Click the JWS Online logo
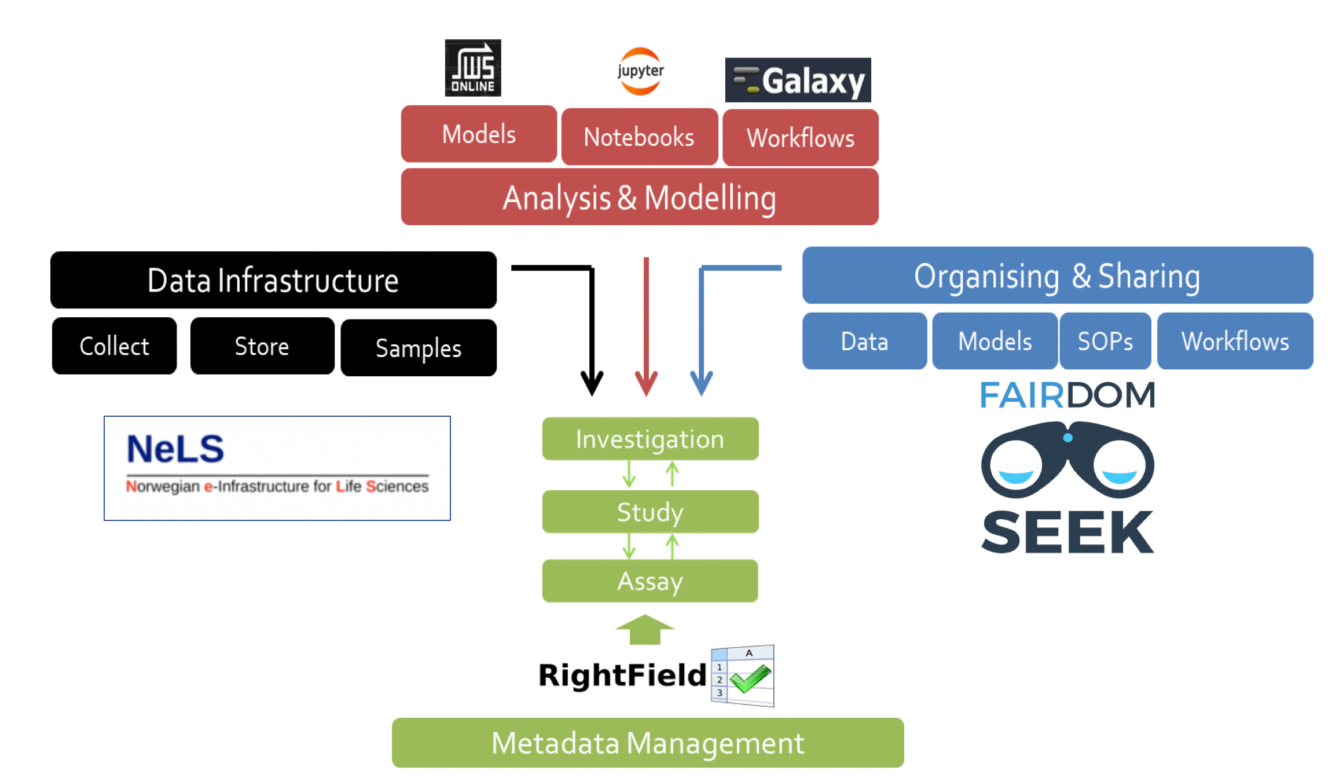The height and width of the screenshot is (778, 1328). [x=472, y=68]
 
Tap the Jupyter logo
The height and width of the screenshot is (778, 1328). [x=640, y=71]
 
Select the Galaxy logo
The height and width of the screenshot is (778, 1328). [x=798, y=80]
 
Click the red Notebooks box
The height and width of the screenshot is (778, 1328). [x=639, y=137]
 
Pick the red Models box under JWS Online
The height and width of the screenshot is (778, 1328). [x=479, y=134]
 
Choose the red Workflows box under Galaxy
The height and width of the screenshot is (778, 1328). [x=800, y=138]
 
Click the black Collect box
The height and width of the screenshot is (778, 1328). [x=114, y=346]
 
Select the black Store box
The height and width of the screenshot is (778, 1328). [x=262, y=346]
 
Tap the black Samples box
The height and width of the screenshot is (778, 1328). [x=418, y=348]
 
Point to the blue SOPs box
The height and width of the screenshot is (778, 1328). [x=1105, y=341]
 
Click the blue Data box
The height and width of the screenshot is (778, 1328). [x=864, y=341]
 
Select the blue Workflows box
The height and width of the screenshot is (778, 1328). [x=1235, y=341]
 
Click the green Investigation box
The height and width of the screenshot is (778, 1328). [x=650, y=439]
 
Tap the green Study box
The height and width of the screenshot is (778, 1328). [x=650, y=512]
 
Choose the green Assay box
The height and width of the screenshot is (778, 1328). [x=650, y=581]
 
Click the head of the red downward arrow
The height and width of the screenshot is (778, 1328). [x=646, y=384]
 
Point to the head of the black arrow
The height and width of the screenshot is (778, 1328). [x=592, y=384]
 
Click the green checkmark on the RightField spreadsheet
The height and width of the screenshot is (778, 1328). [x=750, y=678]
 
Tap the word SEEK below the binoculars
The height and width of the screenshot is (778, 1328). [x=1067, y=532]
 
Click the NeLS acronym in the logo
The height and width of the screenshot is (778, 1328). [x=175, y=449]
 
